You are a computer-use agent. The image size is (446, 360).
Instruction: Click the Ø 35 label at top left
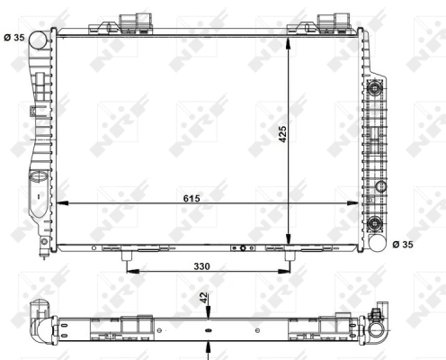click(15, 37)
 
